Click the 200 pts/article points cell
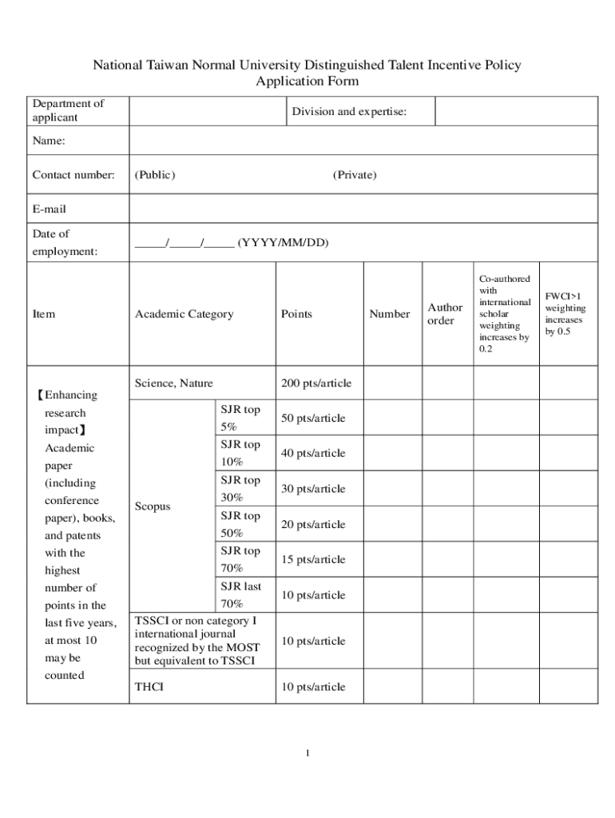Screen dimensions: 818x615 pyautogui.click(x=316, y=383)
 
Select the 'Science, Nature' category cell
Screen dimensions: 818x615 pyautogui.click(x=174, y=383)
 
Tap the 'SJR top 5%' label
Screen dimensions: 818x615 pyautogui.click(x=240, y=418)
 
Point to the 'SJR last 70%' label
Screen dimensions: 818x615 pyautogui.click(x=240, y=595)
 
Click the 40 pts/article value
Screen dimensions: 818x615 pyautogui.click(x=313, y=454)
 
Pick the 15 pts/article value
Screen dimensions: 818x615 pyautogui.click(x=313, y=560)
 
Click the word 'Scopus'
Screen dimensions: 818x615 pyautogui.click(x=153, y=506)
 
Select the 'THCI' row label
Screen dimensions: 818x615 pyautogui.click(x=149, y=687)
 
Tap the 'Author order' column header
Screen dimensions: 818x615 pyautogui.click(x=445, y=314)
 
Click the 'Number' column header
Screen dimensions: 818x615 pyautogui.click(x=390, y=314)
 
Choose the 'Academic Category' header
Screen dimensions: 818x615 pyautogui.click(x=184, y=314)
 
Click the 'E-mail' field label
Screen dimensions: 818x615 pyautogui.click(x=50, y=209)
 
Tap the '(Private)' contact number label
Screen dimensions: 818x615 pyautogui.click(x=355, y=175)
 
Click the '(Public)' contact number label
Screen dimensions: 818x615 pyautogui.click(x=155, y=175)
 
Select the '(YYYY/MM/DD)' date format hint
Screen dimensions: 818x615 pyautogui.click(x=283, y=243)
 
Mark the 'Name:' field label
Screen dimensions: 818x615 pyautogui.click(x=49, y=141)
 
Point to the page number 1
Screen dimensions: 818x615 pyautogui.click(x=307, y=753)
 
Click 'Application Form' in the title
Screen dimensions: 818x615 pyautogui.click(x=307, y=81)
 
